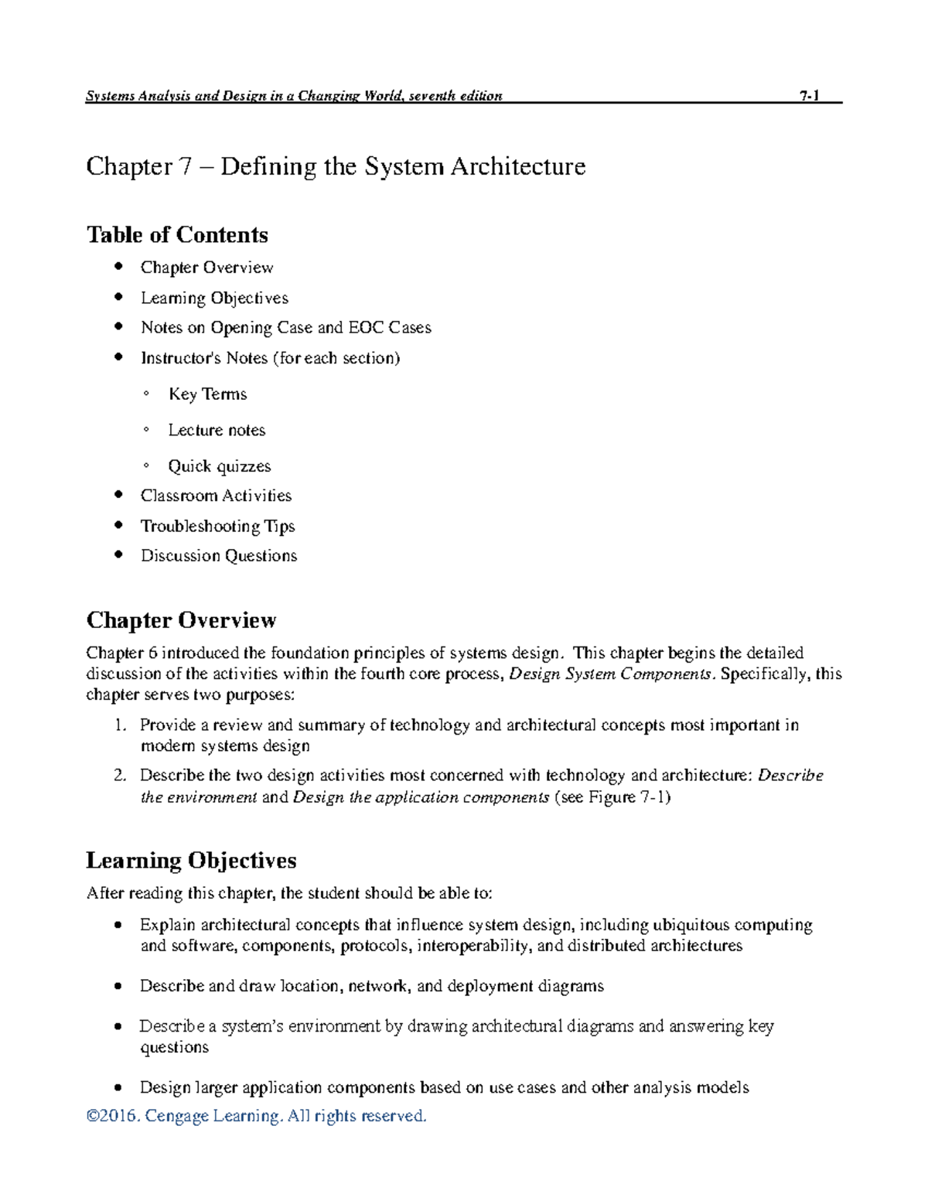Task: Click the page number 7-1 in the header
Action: click(809, 96)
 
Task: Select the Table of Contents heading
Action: click(177, 234)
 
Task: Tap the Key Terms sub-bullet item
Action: click(207, 394)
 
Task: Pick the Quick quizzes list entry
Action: click(220, 466)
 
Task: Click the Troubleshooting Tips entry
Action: click(217, 526)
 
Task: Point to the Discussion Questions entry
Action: click(218, 556)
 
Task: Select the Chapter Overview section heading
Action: click(181, 620)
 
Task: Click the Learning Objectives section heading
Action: click(191, 861)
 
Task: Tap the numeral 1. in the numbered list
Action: click(119, 725)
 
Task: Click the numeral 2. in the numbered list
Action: click(119, 776)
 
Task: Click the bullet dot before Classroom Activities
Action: click(118, 495)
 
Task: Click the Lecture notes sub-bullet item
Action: click(217, 430)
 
